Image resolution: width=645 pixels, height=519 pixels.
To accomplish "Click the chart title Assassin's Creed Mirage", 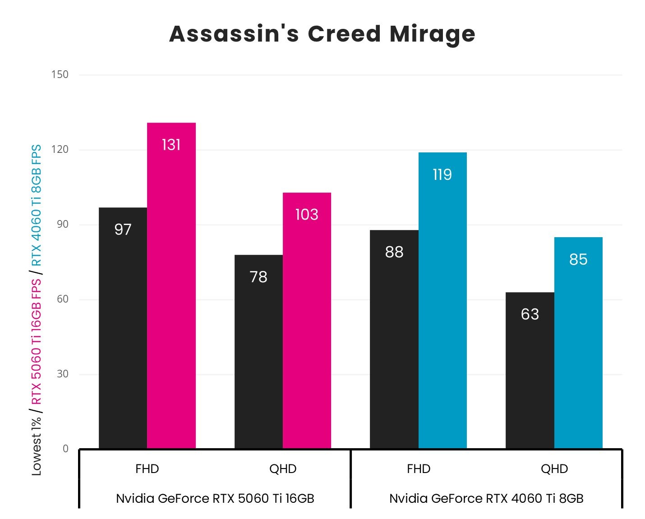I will tap(322, 34).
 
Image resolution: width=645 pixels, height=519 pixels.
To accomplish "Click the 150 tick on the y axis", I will tap(60, 74).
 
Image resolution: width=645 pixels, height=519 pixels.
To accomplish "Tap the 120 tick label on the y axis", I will tap(60, 149).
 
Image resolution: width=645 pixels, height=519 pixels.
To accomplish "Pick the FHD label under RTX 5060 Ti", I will tap(147, 469).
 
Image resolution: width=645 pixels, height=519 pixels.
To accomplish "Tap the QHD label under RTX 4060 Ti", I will tap(554, 469).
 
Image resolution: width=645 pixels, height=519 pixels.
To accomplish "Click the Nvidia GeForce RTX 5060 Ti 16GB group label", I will tap(215, 498).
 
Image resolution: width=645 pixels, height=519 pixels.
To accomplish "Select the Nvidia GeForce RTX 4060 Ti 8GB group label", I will tap(486, 498).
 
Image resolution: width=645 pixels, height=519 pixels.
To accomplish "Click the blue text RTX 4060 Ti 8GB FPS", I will tap(37, 205).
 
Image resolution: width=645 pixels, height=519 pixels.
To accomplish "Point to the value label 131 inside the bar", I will tap(171, 145).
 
